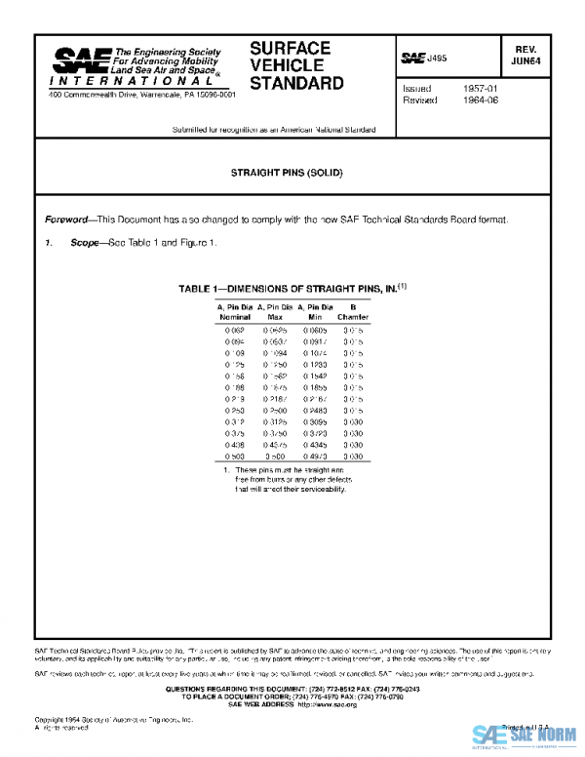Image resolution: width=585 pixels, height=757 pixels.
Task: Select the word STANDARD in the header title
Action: (296, 84)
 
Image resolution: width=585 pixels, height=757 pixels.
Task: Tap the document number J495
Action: (436, 59)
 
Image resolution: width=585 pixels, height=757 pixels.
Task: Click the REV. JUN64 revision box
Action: (530, 53)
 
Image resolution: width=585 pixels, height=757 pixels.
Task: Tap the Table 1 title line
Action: (292, 289)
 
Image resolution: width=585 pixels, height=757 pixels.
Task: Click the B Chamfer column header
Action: (353, 312)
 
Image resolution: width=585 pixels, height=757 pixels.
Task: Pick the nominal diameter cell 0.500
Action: (235, 455)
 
